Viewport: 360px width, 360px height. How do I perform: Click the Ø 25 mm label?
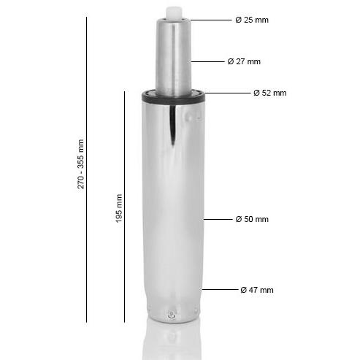tap(252, 20)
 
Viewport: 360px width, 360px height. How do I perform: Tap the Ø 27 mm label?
tap(244, 61)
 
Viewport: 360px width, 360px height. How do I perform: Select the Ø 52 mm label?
tap(269, 93)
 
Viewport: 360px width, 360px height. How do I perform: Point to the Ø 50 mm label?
tap(252, 219)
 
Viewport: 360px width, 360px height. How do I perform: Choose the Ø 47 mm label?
tap(257, 290)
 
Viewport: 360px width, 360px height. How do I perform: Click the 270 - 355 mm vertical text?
tap(81, 164)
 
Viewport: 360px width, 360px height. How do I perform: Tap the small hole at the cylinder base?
tap(171, 315)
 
